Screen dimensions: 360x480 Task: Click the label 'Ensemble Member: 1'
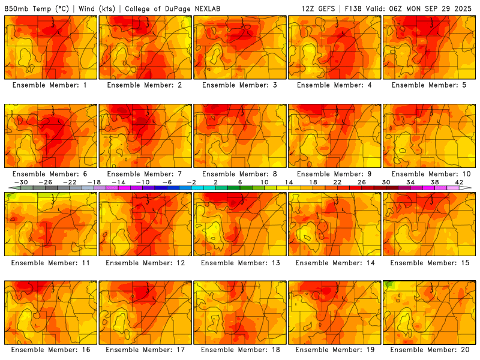pyautogui.click(x=49, y=85)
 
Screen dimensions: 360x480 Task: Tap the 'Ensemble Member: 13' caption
pyautogui.click(x=239, y=263)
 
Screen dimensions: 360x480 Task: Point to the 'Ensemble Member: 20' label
pyautogui.click(x=429, y=349)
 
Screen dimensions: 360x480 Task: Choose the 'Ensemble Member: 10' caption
pyautogui.click(x=429, y=174)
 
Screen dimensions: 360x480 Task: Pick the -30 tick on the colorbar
pyautogui.click(x=21, y=182)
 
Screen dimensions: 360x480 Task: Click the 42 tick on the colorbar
pyautogui.click(x=459, y=182)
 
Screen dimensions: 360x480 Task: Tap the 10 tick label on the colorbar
pyautogui.click(x=264, y=182)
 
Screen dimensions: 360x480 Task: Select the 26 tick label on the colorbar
pyautogui.click(x=362, y=182)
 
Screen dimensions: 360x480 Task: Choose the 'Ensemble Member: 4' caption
pyautogui.click(x=334, y=85)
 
